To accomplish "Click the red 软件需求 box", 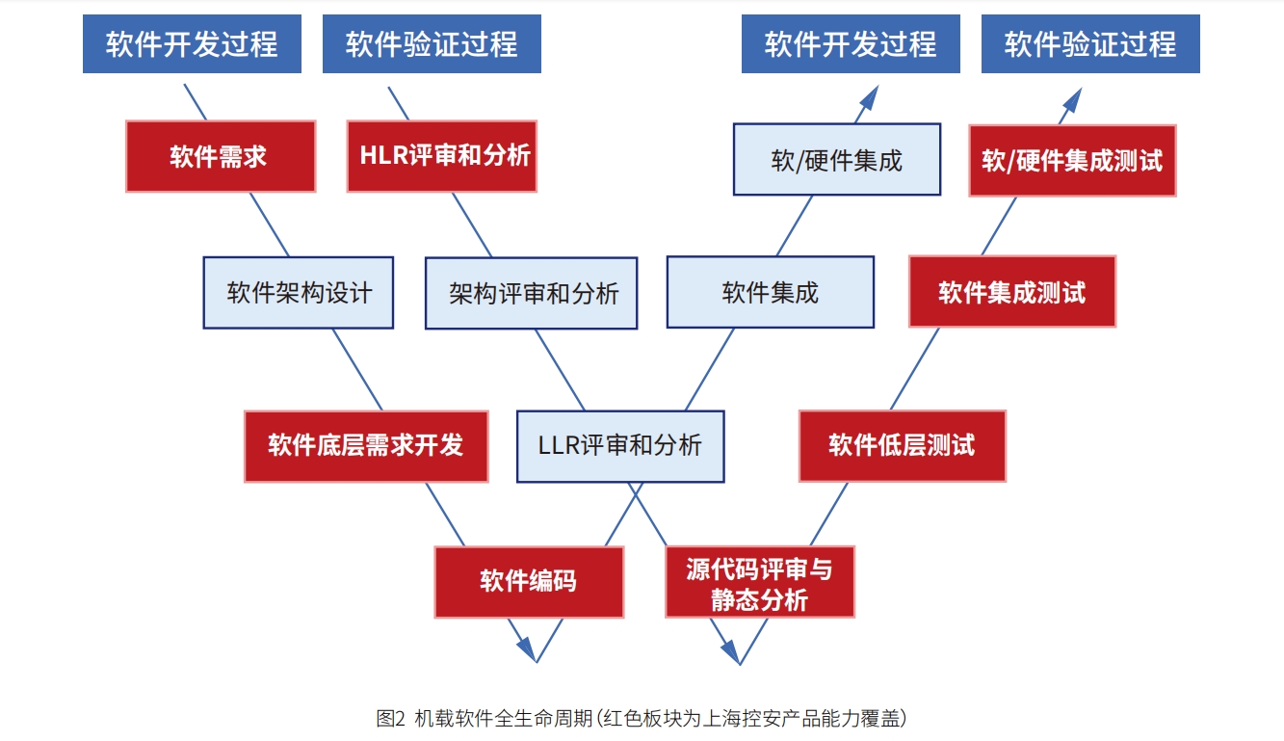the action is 221,156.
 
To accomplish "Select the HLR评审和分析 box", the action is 442,156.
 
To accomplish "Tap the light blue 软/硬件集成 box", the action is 837,159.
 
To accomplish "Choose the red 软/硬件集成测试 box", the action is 1072,161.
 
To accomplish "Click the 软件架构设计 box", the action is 298,293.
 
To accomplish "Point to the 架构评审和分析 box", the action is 532,293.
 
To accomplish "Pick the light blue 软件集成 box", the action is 771,292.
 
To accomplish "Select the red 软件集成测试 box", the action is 1012,291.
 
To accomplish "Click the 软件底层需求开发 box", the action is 366,446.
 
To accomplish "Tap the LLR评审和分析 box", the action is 620,446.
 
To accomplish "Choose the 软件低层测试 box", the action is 903,445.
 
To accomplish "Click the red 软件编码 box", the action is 529,582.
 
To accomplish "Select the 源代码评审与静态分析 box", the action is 759,582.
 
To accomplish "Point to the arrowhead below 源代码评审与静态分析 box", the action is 731,651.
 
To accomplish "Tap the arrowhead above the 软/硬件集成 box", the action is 870,98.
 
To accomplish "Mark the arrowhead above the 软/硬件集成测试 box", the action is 1072,100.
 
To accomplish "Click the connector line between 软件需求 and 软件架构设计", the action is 269,225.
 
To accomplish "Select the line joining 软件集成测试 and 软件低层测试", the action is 915,369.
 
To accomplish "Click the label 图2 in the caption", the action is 390,718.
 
